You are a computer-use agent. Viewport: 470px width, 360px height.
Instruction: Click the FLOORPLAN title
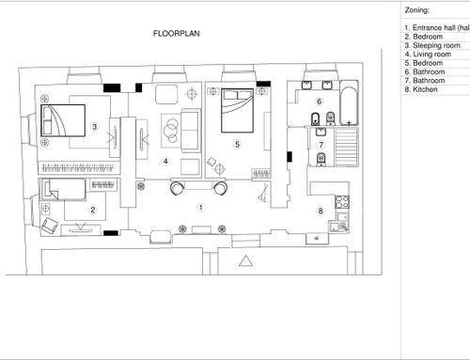point(177,34)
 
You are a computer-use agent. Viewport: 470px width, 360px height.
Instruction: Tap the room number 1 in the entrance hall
point(201,208)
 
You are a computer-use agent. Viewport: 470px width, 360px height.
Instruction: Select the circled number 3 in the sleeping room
point(94,127)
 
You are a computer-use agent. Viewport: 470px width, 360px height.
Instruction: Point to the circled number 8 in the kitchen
point(321,211)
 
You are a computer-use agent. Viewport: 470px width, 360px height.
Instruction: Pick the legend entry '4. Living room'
point(428,55)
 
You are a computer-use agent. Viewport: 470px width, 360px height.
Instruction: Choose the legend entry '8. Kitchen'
point(421,89)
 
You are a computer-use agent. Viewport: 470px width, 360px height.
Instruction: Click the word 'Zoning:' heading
point(416,10)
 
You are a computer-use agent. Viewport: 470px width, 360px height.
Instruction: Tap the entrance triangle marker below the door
point(245,261)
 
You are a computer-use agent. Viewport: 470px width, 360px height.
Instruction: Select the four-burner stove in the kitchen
point(342,202)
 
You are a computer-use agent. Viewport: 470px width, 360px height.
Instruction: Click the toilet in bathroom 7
point(321,159)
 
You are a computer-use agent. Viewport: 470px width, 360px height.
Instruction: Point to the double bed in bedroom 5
point(237,110)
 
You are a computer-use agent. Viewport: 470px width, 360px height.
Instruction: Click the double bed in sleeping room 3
point(63,120)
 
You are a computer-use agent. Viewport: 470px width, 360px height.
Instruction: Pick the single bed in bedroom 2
point(65,189)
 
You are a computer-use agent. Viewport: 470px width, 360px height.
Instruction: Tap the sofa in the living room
point(191,131)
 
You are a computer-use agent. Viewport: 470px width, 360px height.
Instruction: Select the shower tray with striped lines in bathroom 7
point(347,147)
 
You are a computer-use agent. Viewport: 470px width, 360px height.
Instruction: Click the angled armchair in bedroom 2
point(50,226)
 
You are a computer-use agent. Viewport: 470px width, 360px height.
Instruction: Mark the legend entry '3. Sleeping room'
point(432,45)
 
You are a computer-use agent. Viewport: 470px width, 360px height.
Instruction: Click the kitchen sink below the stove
point(342,216)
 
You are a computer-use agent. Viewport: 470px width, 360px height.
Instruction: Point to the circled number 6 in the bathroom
point(319,102)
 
